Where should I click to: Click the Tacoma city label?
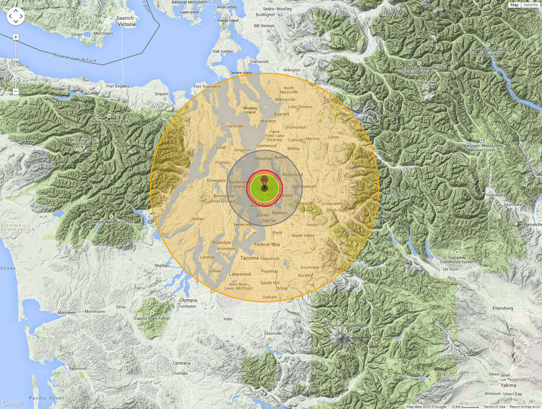tap(250, 258)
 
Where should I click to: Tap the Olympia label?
tap(187, 300)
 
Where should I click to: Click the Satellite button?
tap(530, 5)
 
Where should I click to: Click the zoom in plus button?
tap(16, 37)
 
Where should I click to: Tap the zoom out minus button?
tap(16, 91)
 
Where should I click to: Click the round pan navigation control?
tap(15, 16)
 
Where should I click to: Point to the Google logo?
tap(12, 403)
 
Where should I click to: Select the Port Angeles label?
tap(118, 86)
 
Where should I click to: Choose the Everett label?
tap(282, 114)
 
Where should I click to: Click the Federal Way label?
tap(267, 244)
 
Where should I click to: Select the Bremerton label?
tap(224, 195)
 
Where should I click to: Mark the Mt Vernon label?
tap(265, 26)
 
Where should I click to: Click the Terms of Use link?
tap(494, 407)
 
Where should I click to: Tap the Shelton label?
tap(161, 266)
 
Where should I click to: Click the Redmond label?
tap(292, 175)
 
